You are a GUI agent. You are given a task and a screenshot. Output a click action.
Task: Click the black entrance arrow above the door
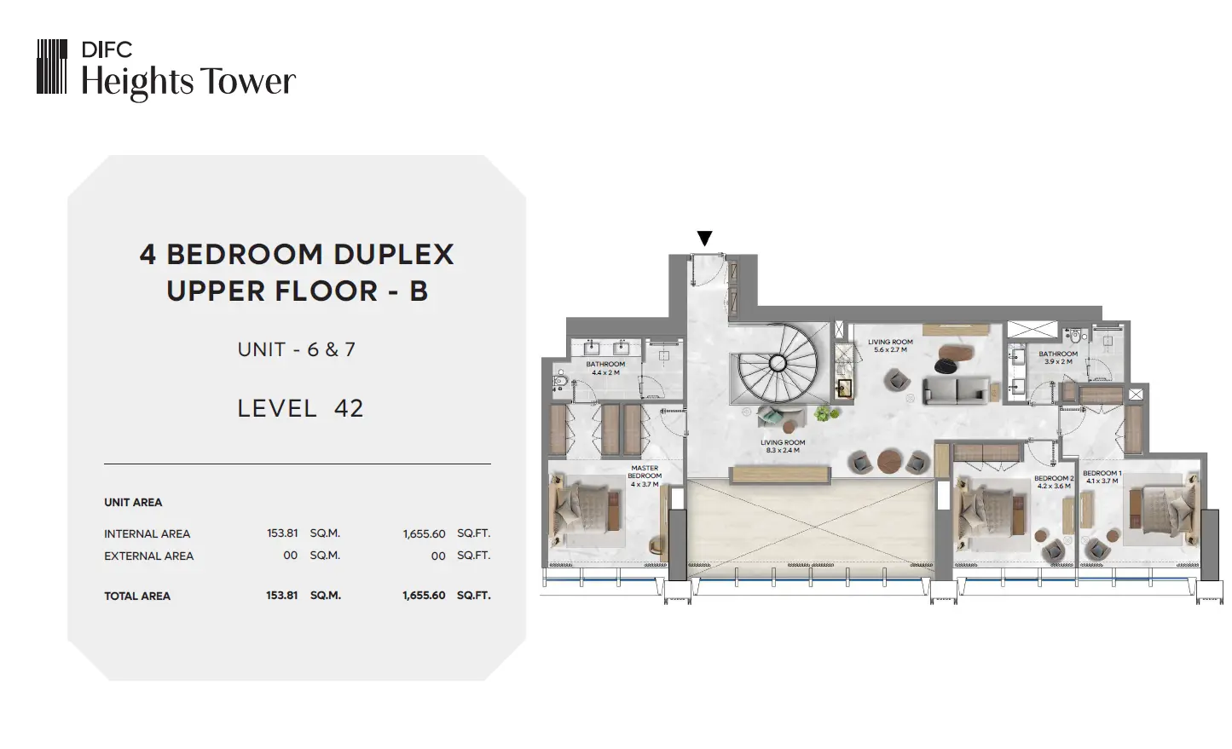coord(704,238)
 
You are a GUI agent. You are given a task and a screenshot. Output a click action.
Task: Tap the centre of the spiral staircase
coord(778,363)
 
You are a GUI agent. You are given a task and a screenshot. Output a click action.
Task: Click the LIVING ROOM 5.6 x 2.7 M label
coord(890,346)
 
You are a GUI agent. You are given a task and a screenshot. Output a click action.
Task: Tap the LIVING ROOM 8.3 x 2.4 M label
coord(783,447)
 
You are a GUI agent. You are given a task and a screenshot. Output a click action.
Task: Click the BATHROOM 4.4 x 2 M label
coord(605,368)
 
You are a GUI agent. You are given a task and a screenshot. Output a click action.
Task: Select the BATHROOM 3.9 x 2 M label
coord(1058,358)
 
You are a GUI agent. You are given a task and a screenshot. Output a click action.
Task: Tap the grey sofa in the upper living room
coord(956,390)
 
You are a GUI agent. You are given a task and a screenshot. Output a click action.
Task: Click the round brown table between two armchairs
coord(888,462)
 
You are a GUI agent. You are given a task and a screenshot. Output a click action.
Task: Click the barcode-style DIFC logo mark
coord(52,66)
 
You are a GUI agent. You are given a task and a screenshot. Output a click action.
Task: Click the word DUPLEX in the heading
coord(394,255)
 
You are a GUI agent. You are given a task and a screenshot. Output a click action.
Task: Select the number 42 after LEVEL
coord(349,408)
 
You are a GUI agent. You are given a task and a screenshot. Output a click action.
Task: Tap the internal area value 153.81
coord(282,533)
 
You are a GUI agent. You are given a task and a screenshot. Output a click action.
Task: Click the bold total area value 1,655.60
coord(424,596)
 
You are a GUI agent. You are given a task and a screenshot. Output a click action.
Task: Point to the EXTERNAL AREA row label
coord(148,556)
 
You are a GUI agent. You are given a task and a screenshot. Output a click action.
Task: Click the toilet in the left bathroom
coord(559,380)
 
